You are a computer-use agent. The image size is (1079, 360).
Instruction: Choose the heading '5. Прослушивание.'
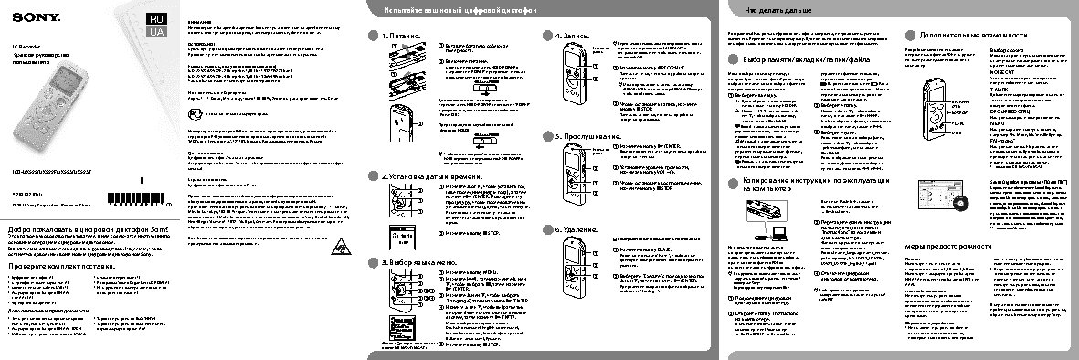pyautogui.click(x=589, y=135)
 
